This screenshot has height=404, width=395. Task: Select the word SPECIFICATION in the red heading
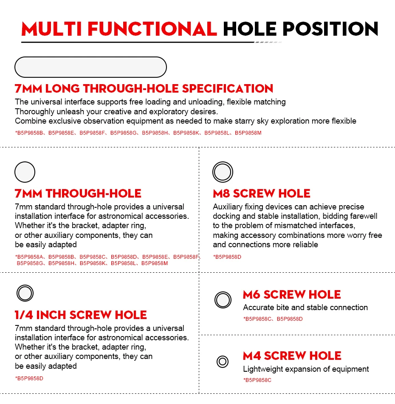tap(228, 88)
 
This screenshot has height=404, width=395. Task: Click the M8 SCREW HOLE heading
tap(262, 193)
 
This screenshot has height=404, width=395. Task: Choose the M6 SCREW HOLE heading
tap(292, 294)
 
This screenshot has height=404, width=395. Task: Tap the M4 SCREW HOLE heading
tap(292, 356)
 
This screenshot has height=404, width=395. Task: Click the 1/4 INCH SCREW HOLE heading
tap(81, 315)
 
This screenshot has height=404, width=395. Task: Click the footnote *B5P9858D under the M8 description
tap(227, 257)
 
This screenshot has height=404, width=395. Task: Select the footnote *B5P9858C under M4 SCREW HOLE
tap(257, 380)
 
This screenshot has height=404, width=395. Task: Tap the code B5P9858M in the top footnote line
tap(248, 133)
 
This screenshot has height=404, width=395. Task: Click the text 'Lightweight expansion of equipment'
tap(306, 369)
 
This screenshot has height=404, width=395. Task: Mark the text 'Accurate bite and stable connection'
tap(305, 308)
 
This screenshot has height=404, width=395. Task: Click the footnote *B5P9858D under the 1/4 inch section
tap(29, 379)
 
